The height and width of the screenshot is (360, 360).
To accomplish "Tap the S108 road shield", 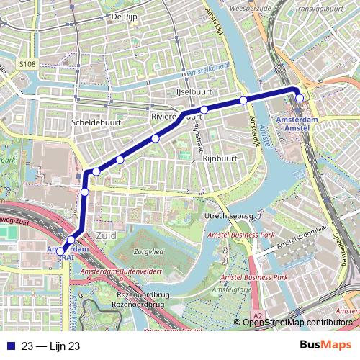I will coord(27,64).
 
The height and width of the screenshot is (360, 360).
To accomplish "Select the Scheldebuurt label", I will coord(96,123).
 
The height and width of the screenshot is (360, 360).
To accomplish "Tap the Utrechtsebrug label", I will coord(229,215).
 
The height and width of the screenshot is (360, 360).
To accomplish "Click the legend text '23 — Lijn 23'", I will coord(50,346).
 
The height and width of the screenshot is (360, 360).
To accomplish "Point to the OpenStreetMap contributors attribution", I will coord(297,323).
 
